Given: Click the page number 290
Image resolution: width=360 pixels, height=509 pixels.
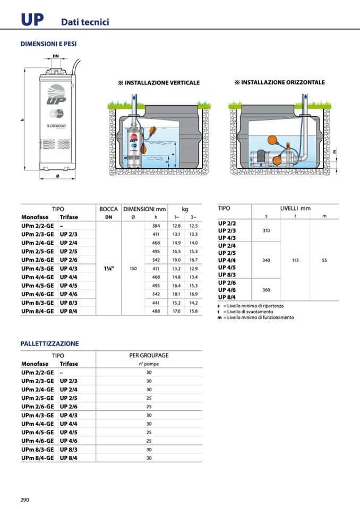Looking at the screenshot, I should click(24, 499).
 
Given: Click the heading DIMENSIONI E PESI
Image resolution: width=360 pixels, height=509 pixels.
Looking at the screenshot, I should click(48, 44).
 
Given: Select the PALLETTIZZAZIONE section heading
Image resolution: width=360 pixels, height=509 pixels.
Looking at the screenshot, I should click(49, 343).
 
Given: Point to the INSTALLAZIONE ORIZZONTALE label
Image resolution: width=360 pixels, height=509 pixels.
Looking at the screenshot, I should click(279, 82).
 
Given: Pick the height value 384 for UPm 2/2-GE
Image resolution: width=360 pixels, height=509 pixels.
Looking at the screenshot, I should click(156, 226).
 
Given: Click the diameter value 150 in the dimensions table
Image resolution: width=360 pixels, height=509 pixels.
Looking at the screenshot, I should click(133, 269).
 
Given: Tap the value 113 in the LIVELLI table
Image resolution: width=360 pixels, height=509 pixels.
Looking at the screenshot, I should click(295, 261).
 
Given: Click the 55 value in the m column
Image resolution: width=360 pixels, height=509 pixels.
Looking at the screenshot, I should click(324, 261).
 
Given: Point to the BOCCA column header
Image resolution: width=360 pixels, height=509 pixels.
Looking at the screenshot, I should click(108, 209).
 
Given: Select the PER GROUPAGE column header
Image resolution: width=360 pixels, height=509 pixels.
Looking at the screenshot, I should click(149, 355).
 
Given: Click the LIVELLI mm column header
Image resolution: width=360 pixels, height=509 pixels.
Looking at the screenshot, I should click(295, 209).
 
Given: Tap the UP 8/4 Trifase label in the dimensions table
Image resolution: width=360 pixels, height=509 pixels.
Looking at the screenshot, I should click(68, 311).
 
